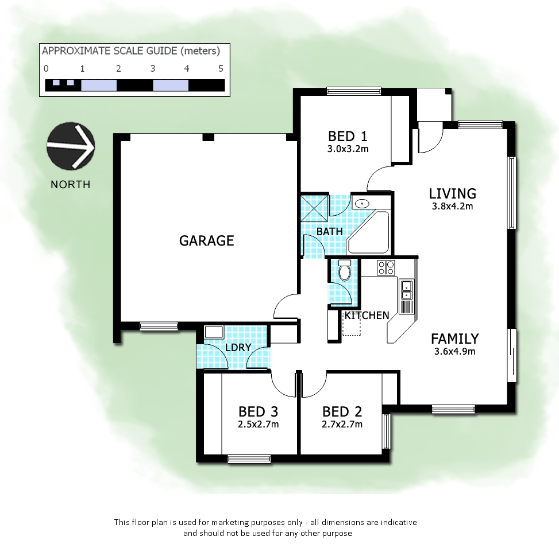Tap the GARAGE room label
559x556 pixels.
click(207, 240)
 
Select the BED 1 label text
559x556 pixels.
click(347, 136)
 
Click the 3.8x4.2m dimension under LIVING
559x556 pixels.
click(452, 207)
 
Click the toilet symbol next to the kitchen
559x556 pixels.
click(345, 271)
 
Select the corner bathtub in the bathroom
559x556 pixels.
click(371, 233)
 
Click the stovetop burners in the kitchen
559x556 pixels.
click(385, 267)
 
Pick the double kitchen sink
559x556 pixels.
click(407, 290)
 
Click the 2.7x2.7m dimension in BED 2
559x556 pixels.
click(342, 425)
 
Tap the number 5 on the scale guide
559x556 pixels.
click(221, 68)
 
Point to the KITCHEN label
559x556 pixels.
click(367, 315)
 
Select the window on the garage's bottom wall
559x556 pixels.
click(159, 326)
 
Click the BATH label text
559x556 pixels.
click(330, 231)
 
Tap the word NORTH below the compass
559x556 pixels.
click(70, 184)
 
